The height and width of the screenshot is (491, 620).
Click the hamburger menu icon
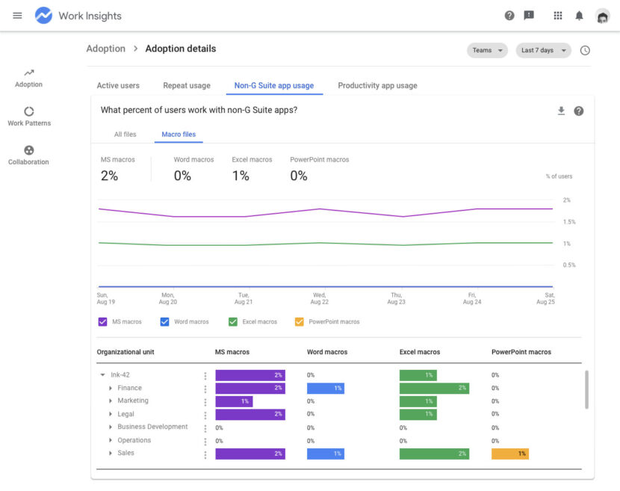[18, 16]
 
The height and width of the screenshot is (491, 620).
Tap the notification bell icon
[579, 16]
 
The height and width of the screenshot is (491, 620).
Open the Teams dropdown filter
[487, 51]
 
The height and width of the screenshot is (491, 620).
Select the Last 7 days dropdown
[543, 51]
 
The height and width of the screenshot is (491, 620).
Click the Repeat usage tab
[187, 86]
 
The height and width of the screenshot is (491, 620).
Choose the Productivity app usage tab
[377, 86]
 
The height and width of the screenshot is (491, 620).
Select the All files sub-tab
[125, 135]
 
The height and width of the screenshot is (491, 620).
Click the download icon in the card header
[561, 111]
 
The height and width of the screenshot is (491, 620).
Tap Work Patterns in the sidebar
[29, 116]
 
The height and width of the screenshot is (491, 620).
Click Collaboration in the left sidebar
[28, 155]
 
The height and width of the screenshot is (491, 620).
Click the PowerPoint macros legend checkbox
[300, 322]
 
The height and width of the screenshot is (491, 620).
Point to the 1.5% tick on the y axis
[569, 222]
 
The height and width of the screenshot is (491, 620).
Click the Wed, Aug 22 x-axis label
[320, 298]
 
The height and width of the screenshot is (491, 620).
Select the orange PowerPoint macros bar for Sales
[510, 454]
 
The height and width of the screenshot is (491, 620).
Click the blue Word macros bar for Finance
[326, 389]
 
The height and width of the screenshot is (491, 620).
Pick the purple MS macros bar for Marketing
[234, 401]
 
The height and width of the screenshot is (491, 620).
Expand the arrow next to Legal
[111, 414]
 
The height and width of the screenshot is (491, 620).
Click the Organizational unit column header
[125, 352]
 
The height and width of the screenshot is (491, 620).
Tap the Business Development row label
[152, 427]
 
